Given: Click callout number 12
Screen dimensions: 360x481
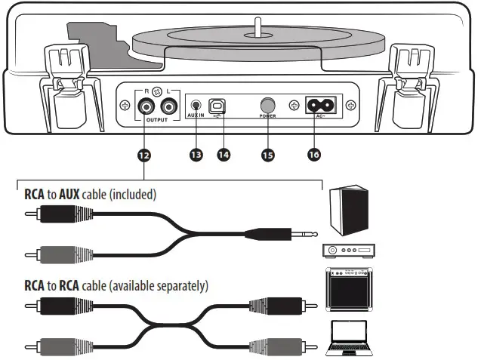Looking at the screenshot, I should point(144,155).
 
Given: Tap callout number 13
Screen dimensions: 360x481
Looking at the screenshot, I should point(197,155).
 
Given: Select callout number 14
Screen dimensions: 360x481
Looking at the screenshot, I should point(224,155).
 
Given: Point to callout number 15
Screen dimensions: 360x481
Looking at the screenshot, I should point(267,155).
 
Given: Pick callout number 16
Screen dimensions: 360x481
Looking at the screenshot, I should point(315,155).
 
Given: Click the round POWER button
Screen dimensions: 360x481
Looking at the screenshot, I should point(267,105).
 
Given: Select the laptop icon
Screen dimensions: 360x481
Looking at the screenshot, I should point(349,338).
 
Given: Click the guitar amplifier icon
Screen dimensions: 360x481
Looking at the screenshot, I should point(349,290).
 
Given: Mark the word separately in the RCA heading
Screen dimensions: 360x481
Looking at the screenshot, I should point(181,286).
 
